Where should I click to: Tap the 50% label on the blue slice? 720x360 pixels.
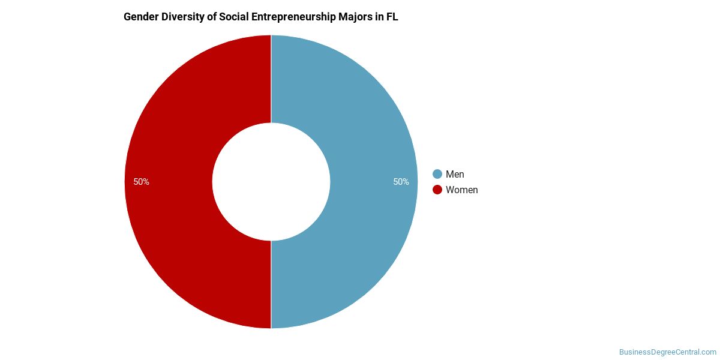coord(401,182)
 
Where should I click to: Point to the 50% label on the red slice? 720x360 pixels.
coord(141,182)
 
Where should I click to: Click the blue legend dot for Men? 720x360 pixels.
coord(437,174)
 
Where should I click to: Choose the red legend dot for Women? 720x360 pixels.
coord(437,190)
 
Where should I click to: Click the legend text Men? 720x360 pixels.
coord(455,174)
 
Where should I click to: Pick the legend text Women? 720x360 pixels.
coord(461,190)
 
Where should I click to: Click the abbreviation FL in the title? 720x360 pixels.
coord(392,17)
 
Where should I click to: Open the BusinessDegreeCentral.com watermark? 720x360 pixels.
coord(667,352)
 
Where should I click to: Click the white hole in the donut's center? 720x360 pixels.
coord(271,182)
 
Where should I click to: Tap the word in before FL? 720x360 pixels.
coord(377,17)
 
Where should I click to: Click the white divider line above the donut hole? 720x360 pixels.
coord(271,78)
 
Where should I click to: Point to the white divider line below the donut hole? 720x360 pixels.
coord(271,285)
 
